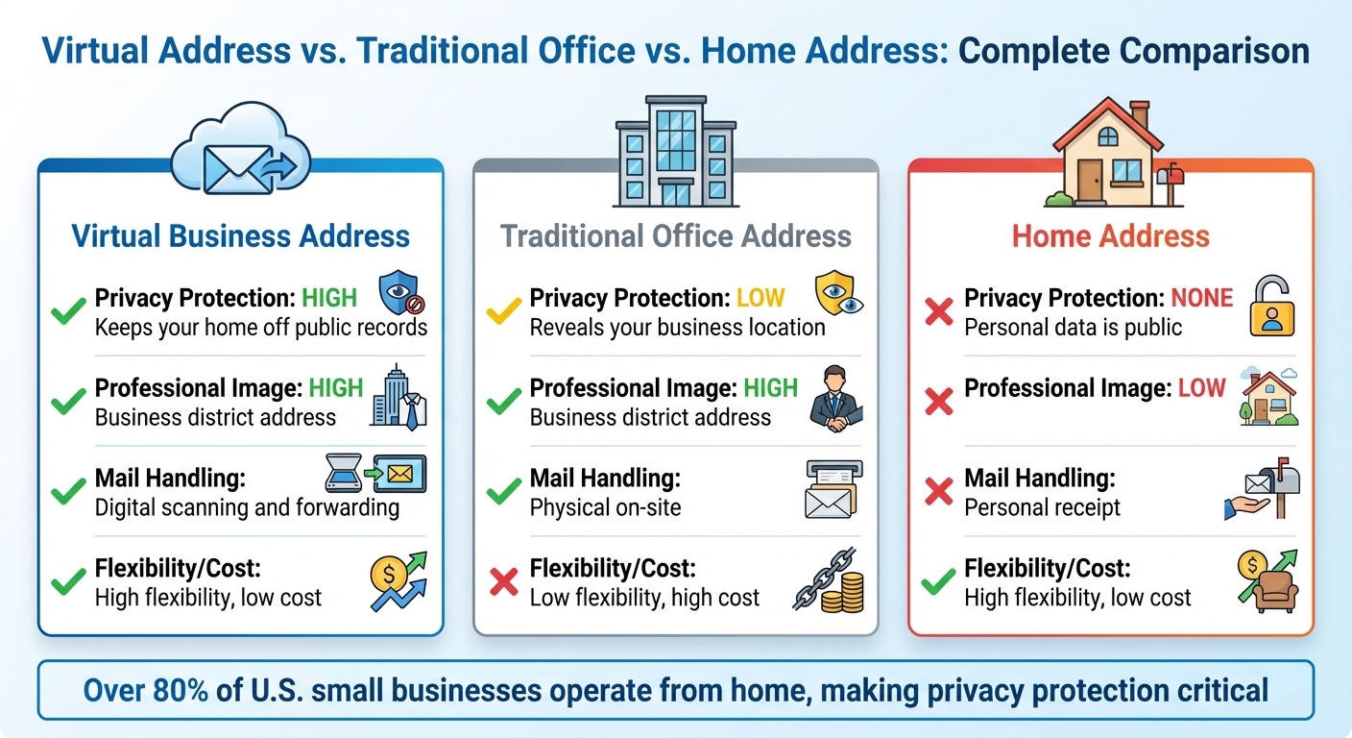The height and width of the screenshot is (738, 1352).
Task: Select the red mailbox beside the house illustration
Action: (x=1170, y=183)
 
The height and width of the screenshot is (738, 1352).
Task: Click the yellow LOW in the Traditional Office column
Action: (x=760, y=299)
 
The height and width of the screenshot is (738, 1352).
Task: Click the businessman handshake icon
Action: (x=835, y=400)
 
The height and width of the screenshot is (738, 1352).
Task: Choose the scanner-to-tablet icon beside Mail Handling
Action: (x=374, y=475)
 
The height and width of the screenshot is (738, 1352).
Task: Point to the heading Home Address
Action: (x=1111, y=236)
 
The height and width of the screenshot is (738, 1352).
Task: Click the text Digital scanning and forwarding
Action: (x=247, y=507)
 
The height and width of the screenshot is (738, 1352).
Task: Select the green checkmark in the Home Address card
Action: (x=938, y=582)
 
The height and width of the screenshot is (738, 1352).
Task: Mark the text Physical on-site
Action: (x=605, y=507)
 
